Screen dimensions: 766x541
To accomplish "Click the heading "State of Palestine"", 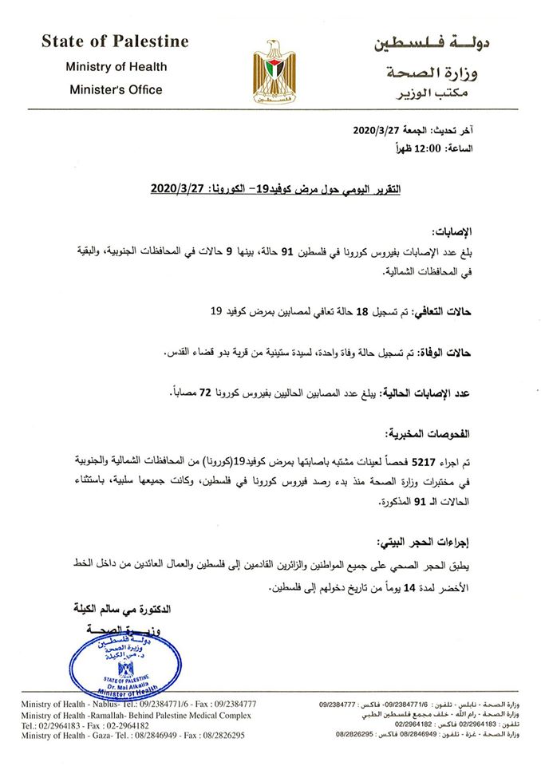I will click(115, 41).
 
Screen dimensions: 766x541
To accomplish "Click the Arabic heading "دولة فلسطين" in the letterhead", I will click(432, 43).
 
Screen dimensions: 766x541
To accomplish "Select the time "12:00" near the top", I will click(448, 148).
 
